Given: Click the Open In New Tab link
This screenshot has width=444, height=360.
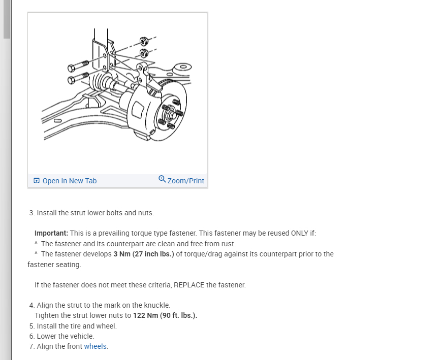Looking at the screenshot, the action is [69, 181].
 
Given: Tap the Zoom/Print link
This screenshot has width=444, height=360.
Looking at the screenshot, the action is [185, 181].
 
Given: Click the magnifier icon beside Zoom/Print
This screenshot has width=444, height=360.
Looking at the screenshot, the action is [162, 179].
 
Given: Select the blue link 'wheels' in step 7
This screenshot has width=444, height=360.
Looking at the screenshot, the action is [96, 346].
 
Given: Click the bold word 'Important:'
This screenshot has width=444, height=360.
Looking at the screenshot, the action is [51, 233].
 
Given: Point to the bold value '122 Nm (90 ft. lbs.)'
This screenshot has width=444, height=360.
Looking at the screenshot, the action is [165, 315].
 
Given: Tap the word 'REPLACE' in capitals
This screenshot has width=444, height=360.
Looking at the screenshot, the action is [189, 285].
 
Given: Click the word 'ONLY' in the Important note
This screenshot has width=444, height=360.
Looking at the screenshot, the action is [298, 233].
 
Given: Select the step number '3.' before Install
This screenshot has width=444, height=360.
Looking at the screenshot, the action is [33, 213].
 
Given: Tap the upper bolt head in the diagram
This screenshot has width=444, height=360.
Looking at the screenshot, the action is [72, 68].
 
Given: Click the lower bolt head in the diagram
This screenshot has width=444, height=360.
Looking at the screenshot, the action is [72, 80].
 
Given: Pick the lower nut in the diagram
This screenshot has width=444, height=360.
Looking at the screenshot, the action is [144, 53].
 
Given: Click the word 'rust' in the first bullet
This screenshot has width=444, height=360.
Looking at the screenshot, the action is [227, 244].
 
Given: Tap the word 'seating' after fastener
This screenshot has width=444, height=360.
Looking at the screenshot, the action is [69, 265].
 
